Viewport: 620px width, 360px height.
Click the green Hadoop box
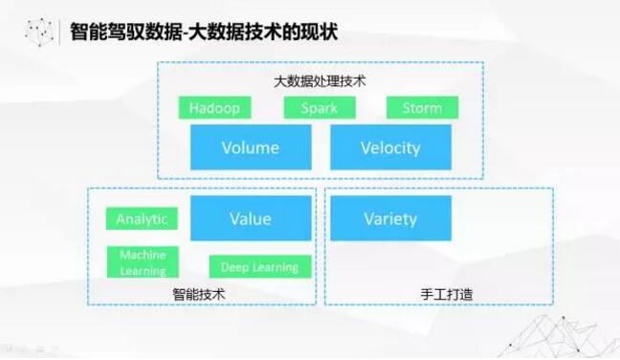(214, 107)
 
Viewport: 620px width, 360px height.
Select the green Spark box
(319, 107)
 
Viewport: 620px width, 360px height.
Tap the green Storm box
(422, 107)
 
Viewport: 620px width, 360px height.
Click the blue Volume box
(251, 147)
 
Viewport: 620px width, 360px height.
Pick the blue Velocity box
(390, 147)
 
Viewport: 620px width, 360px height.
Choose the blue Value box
(251, 218)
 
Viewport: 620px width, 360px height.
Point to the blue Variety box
(390, 218)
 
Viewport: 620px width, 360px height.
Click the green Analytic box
(142, 219)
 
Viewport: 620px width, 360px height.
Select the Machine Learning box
(143, 262)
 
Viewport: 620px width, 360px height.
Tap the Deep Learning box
(259, 267)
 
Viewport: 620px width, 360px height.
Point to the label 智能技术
(199, 294)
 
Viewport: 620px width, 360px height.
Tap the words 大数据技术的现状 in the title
(254, 32)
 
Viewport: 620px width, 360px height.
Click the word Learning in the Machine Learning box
(143, 271)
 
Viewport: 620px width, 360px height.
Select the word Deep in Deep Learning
(235, 267)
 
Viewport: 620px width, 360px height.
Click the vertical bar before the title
(61, 32)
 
